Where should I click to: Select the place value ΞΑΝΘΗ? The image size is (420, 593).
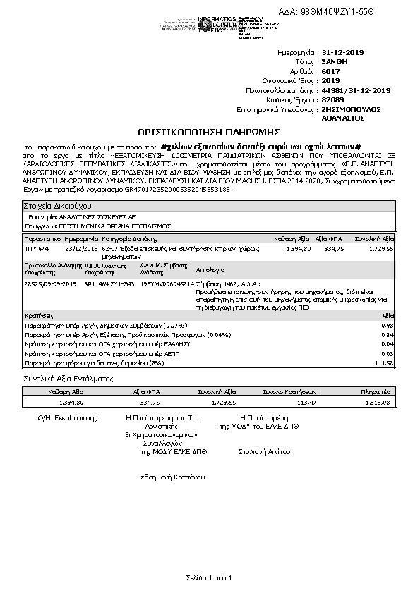point(335,62)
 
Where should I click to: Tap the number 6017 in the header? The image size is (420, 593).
point(330,72)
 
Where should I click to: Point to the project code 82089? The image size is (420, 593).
point(332,100)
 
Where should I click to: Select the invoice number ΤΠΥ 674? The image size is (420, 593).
point(37,249)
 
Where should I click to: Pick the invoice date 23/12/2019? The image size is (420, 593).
point(82,249)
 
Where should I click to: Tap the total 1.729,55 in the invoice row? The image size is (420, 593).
point(380,249)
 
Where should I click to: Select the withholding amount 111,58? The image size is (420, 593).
point(382,362)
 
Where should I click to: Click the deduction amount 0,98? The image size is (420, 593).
point(387,325)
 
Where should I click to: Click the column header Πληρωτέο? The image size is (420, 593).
point(375,391)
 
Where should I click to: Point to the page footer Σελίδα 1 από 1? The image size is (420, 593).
point(209,578)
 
